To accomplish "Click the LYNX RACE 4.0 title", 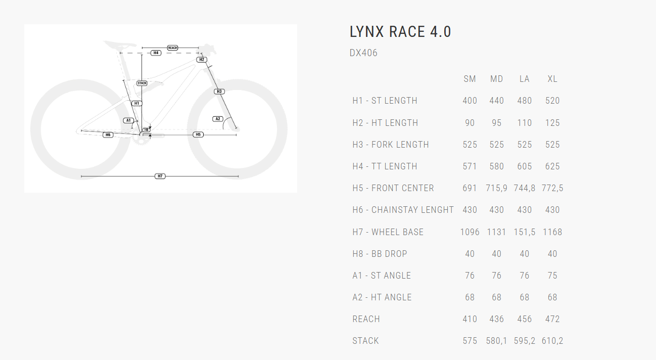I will point(400,32).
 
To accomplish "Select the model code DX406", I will point(363,53).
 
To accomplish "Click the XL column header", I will point(552,79).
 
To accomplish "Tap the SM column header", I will point(470,79).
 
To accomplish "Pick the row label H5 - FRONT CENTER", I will point(393,188).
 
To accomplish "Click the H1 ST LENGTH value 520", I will point(552,101).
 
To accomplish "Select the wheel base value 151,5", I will point(524,232).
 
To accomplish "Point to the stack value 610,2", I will point(552,341).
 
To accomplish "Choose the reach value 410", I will point(470,319).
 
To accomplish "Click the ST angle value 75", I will point(552,276).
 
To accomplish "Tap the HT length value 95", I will point(496,123).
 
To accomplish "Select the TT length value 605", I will point(524,166).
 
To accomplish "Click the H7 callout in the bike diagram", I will point(160,176).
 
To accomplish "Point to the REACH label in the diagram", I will point(172,48).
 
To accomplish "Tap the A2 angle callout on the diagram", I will point(218,119).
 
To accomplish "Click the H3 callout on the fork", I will point(219,92).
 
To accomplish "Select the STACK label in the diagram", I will point(142,83).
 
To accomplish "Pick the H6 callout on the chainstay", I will point(108,135).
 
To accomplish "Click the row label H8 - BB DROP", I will point(380,254).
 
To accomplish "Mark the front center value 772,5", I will point(552,188).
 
